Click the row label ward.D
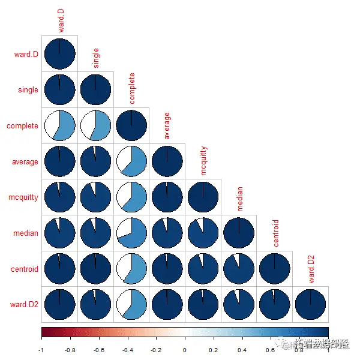[x=26, y=55]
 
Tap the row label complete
[x=23, y=126]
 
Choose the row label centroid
[x=23, y=269]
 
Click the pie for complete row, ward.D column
[x=59, y=126]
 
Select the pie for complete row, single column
[x=95, y=126]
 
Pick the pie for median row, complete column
[x=131, y=233]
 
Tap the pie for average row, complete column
[x=131, y=162]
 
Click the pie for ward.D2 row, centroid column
[x=275, y=305]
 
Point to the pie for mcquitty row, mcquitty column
[x=203, y=197]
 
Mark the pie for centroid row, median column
[x=239, y=269]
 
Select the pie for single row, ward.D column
[x=59, y=90]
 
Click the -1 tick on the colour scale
[x=41, y=349]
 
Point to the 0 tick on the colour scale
[x=185, y=349]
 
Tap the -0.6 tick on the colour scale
[x=98, y=349]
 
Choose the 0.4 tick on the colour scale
[x=242, y=349]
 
